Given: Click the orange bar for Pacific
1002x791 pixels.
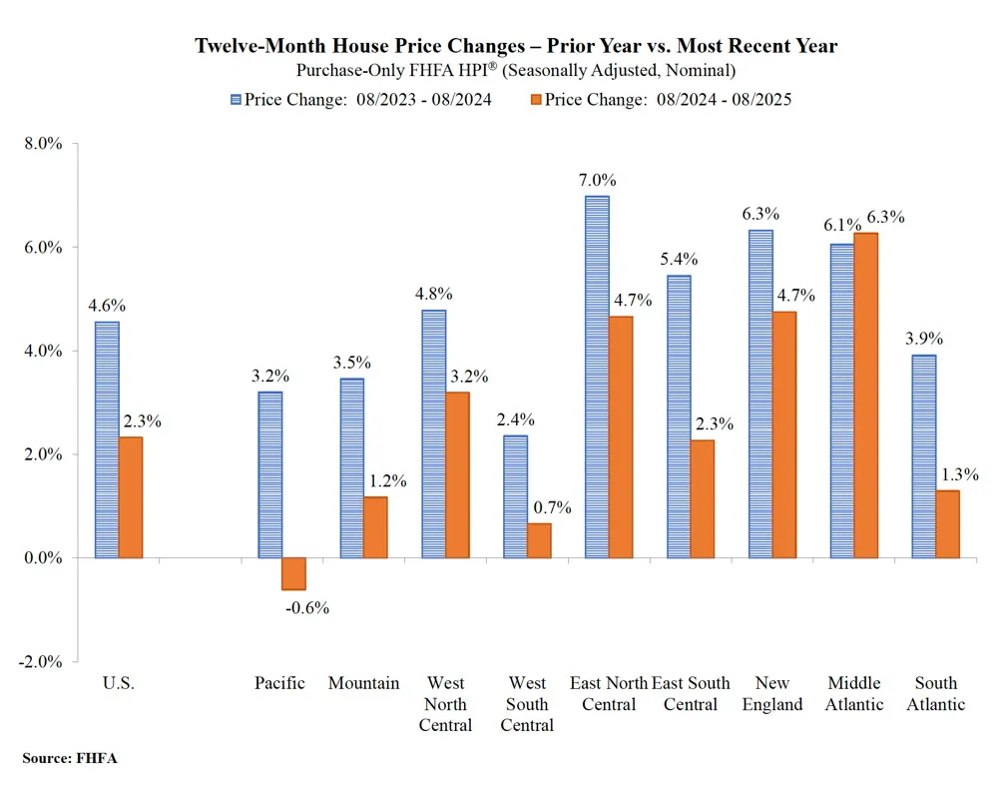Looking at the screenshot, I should coord(293,574).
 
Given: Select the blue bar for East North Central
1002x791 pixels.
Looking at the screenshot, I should coord(597,377).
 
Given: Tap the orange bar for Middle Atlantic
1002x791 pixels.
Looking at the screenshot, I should coord(865,395).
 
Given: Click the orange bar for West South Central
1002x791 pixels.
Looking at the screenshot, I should coord(539,540).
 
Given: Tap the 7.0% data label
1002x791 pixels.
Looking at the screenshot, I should coord(597,180).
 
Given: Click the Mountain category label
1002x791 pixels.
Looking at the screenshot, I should coord(363,684).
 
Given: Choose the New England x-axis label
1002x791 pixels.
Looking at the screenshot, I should coord(772,694).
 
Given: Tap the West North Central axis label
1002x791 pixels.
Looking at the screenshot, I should coord(445,704).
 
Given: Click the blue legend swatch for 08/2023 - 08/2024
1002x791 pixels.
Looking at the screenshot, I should coord(236,99).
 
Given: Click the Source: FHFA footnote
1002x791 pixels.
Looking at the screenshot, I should coord(69,759).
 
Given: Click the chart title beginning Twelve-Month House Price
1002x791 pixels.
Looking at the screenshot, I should coord(515,46).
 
